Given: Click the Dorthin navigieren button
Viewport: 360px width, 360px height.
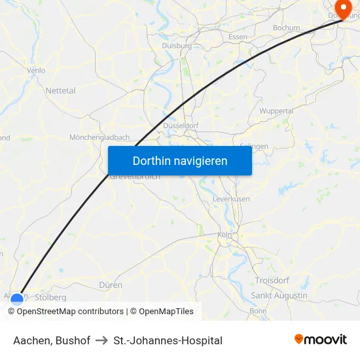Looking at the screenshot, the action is [x=180, y=160].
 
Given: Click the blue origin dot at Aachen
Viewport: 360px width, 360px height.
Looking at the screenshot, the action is [x=17, y=299].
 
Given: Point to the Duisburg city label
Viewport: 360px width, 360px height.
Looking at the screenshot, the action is [x=177, y=46].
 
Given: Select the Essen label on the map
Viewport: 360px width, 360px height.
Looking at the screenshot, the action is [x=238, y=37].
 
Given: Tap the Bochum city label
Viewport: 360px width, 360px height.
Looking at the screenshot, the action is [x=286, y=28].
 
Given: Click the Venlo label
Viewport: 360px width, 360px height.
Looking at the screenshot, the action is [x=36, y=70].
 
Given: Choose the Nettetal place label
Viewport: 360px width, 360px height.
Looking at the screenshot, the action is [x=60, y=91].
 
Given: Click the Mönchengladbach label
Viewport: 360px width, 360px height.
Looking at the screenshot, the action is [x=99, y=137].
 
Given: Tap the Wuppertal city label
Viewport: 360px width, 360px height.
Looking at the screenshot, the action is [x=276, y=111].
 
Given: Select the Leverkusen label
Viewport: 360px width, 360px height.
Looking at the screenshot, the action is [x=231, y=198].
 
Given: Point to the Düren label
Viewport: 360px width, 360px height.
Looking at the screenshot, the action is [x=111, y=285].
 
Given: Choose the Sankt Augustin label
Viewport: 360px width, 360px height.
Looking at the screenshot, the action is [x=279, y=296].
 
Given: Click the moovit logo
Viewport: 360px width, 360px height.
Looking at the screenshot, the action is [x=321, y=340].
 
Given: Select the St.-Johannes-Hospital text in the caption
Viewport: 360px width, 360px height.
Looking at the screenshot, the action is [x=168, y=340].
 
